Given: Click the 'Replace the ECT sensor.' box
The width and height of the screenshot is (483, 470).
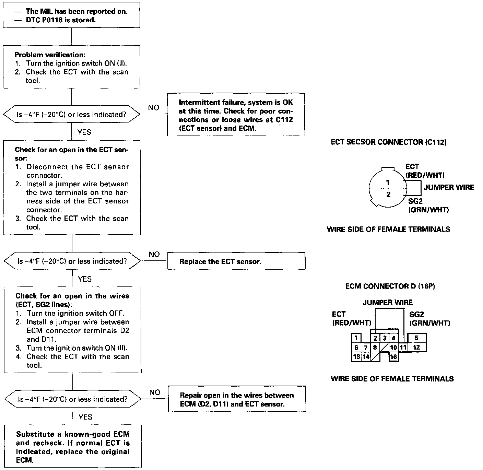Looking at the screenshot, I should [x=236, y=262].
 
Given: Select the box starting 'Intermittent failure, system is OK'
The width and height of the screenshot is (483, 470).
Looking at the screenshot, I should [x=236, y=115].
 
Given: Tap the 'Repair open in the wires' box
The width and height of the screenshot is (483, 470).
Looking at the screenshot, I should [x=237, y=399].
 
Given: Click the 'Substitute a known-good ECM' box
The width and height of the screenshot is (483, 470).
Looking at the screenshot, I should [x=73, y=447].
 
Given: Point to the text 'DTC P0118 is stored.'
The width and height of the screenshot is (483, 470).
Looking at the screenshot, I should [x=61, y=20].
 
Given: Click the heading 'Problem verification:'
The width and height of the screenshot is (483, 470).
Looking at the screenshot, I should [x=50, y=55].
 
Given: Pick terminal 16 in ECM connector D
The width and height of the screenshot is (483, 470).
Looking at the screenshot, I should [x=393, y=357].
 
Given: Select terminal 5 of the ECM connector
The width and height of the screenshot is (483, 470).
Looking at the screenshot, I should [x=416, y=338].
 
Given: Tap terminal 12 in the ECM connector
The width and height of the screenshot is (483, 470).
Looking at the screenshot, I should [x=416, y=347].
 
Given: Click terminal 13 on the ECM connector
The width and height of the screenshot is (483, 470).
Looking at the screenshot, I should [x=356, y=357].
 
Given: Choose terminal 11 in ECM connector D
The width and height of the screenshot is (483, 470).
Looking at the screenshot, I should [x=403, y=347].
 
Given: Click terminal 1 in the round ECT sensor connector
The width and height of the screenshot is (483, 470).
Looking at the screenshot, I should [x=388, y=183].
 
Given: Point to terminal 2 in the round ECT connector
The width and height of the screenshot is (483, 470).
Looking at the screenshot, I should [x=388, y=195].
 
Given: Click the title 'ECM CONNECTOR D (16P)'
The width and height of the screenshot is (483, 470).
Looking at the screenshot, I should [x=390, y=286].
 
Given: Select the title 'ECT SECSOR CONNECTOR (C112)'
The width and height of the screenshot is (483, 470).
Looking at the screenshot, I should [x=389, y=142].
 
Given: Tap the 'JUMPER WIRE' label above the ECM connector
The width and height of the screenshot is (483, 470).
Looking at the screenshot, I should [x=388, y=303].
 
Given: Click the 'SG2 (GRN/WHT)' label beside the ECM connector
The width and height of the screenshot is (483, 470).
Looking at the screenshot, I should [x=429, y=319].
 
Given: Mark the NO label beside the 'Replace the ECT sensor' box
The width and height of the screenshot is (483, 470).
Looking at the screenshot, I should [x=154, y=255].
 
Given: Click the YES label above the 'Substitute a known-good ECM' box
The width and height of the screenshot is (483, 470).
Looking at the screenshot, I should [x=85, y=417].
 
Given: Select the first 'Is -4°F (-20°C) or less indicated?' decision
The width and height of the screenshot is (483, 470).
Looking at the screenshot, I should [x=72, y=115].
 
